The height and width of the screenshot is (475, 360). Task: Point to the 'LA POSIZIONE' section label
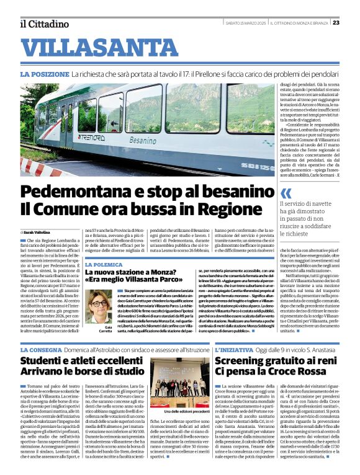[x=60, y=74]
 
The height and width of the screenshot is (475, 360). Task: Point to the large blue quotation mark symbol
[x=268, y=193]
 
